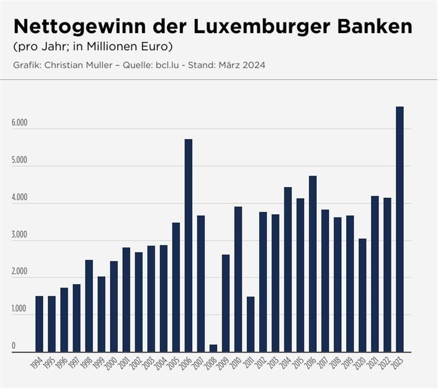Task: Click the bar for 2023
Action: pos(400,229)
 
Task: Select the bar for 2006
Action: pos(189,246)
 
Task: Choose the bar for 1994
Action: pos(39,324)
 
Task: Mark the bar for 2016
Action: pos(312,264)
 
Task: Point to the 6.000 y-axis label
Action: pos(19,123)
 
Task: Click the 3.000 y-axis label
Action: pos(19,235)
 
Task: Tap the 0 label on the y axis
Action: pos(14,346)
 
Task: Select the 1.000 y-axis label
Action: pos(19,309)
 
